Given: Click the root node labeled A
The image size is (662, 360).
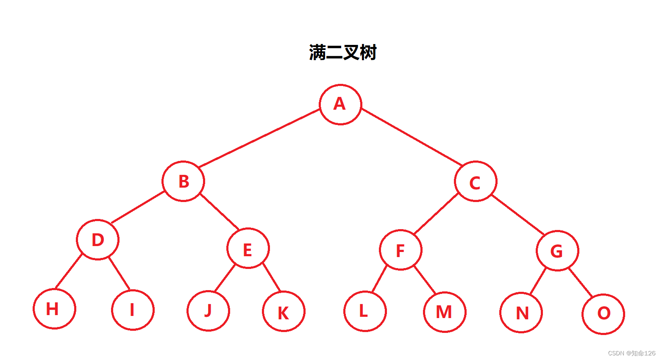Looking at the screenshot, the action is click(340, 104).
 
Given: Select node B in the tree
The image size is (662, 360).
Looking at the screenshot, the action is click(183, 181).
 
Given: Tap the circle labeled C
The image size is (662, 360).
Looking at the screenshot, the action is click(476, 182).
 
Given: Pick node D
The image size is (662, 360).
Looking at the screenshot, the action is click(98, 240).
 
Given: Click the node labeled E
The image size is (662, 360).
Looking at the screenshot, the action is click(248, 249).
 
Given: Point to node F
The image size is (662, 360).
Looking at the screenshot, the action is click(401, 250).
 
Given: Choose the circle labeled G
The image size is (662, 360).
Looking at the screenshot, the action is click(557, 251).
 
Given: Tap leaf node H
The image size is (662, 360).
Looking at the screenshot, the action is click(54, 309).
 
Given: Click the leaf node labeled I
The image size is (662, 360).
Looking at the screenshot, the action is click(133, 310).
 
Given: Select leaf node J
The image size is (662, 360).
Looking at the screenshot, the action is click(208, 310).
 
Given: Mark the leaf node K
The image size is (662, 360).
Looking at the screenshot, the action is click(284, 311).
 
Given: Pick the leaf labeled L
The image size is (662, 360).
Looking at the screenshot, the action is click(365, 311).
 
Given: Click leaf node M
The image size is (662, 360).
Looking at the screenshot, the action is click(445, 312).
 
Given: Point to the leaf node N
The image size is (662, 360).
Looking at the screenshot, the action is click(521, 313).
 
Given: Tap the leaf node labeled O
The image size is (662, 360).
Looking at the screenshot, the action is click(603, 314).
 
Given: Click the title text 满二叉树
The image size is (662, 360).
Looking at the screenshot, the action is click(343, 53).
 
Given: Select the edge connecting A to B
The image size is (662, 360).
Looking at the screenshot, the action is click(259, 138).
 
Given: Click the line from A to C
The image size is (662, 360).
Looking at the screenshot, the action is click(412, 137).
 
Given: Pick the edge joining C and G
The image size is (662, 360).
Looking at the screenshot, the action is click(518, 215).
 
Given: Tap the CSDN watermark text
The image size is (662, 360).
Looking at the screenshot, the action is click(631, 353).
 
